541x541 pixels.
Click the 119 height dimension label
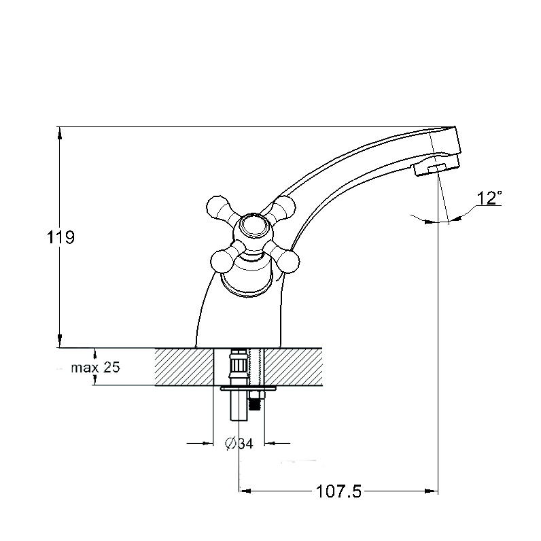[60, 237]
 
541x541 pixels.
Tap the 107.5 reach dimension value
[338, 491]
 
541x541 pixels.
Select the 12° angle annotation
[489, 198]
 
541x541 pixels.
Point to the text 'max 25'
[95, 368]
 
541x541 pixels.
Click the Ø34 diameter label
[239, 443]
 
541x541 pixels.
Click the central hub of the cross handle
[254, 227]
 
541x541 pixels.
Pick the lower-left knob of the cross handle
[222, 261]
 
